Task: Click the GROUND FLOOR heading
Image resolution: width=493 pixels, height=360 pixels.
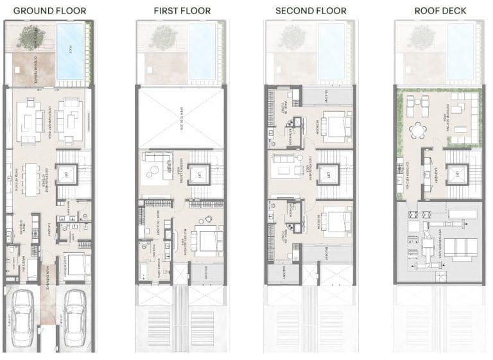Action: pyautogui.click(x=49, y=11)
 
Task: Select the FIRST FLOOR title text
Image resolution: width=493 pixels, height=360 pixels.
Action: pyautogui.click(x=180, y=11)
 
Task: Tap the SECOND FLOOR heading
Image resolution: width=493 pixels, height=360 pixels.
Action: pyautogui.click(x=311, y=11)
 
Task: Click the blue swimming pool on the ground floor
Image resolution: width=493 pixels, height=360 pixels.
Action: pyautogui.click(x=70, y=51)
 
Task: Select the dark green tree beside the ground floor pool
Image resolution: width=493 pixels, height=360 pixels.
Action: pyautogui.click(x=29, y=38)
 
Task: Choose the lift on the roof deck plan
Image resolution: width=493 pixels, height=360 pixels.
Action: pyautogui.click(x=459, y=174)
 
